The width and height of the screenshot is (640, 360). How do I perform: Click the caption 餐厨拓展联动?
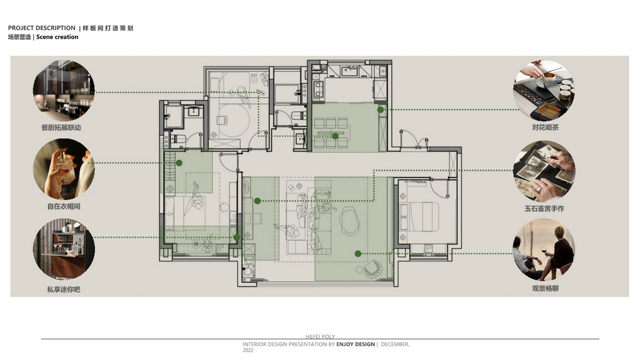(61, 128)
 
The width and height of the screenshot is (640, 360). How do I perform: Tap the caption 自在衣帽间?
(64, 206)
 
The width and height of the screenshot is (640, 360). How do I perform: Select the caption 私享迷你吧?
(64, 289)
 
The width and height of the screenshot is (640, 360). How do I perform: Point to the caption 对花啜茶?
(545, 127)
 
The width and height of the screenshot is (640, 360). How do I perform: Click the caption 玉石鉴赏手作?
(544, 208)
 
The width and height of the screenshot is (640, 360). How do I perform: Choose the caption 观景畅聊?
(545, 288)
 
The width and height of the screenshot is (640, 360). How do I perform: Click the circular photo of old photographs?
(544, 171)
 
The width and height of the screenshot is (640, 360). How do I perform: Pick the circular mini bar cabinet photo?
(64, 249)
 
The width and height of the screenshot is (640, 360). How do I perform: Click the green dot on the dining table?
(335, 136)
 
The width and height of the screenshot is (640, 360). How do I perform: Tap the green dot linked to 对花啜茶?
(380, 110)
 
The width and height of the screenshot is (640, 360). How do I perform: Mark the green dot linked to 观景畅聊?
(358, 254)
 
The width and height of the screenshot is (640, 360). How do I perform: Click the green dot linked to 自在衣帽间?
(179, 163)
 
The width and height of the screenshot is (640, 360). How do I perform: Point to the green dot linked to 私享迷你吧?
(237, 237)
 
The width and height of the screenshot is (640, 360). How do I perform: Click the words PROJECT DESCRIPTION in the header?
(42, 28)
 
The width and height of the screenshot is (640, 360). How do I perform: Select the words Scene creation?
(57, 37)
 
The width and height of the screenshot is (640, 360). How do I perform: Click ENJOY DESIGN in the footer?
(356, 344)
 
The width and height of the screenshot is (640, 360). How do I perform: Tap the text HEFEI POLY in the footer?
(320, 337)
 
